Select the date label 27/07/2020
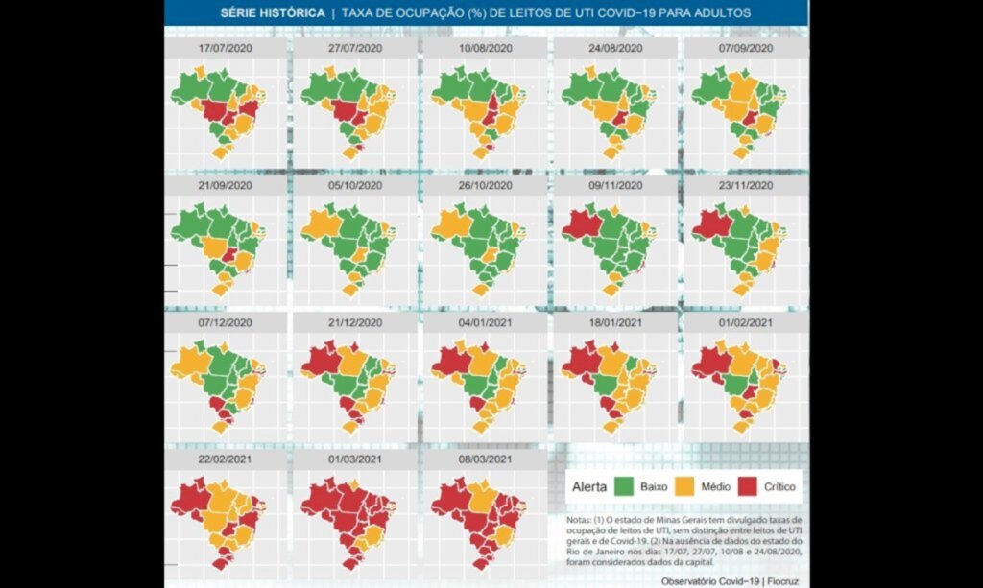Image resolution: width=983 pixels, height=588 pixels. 354,48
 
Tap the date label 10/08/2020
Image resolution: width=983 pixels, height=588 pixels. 485,48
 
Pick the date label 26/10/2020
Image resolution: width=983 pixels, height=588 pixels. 485,185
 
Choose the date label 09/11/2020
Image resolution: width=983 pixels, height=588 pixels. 615,185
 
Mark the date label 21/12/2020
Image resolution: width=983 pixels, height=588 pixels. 354,322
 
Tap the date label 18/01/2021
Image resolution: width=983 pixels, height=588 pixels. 615,322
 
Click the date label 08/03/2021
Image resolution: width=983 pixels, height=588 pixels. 485,459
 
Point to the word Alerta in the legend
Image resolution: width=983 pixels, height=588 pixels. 588,487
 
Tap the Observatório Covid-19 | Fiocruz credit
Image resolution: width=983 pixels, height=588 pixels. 731,581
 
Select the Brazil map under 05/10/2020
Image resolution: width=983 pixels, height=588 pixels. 351,244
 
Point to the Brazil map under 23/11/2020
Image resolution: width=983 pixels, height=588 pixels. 740,244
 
